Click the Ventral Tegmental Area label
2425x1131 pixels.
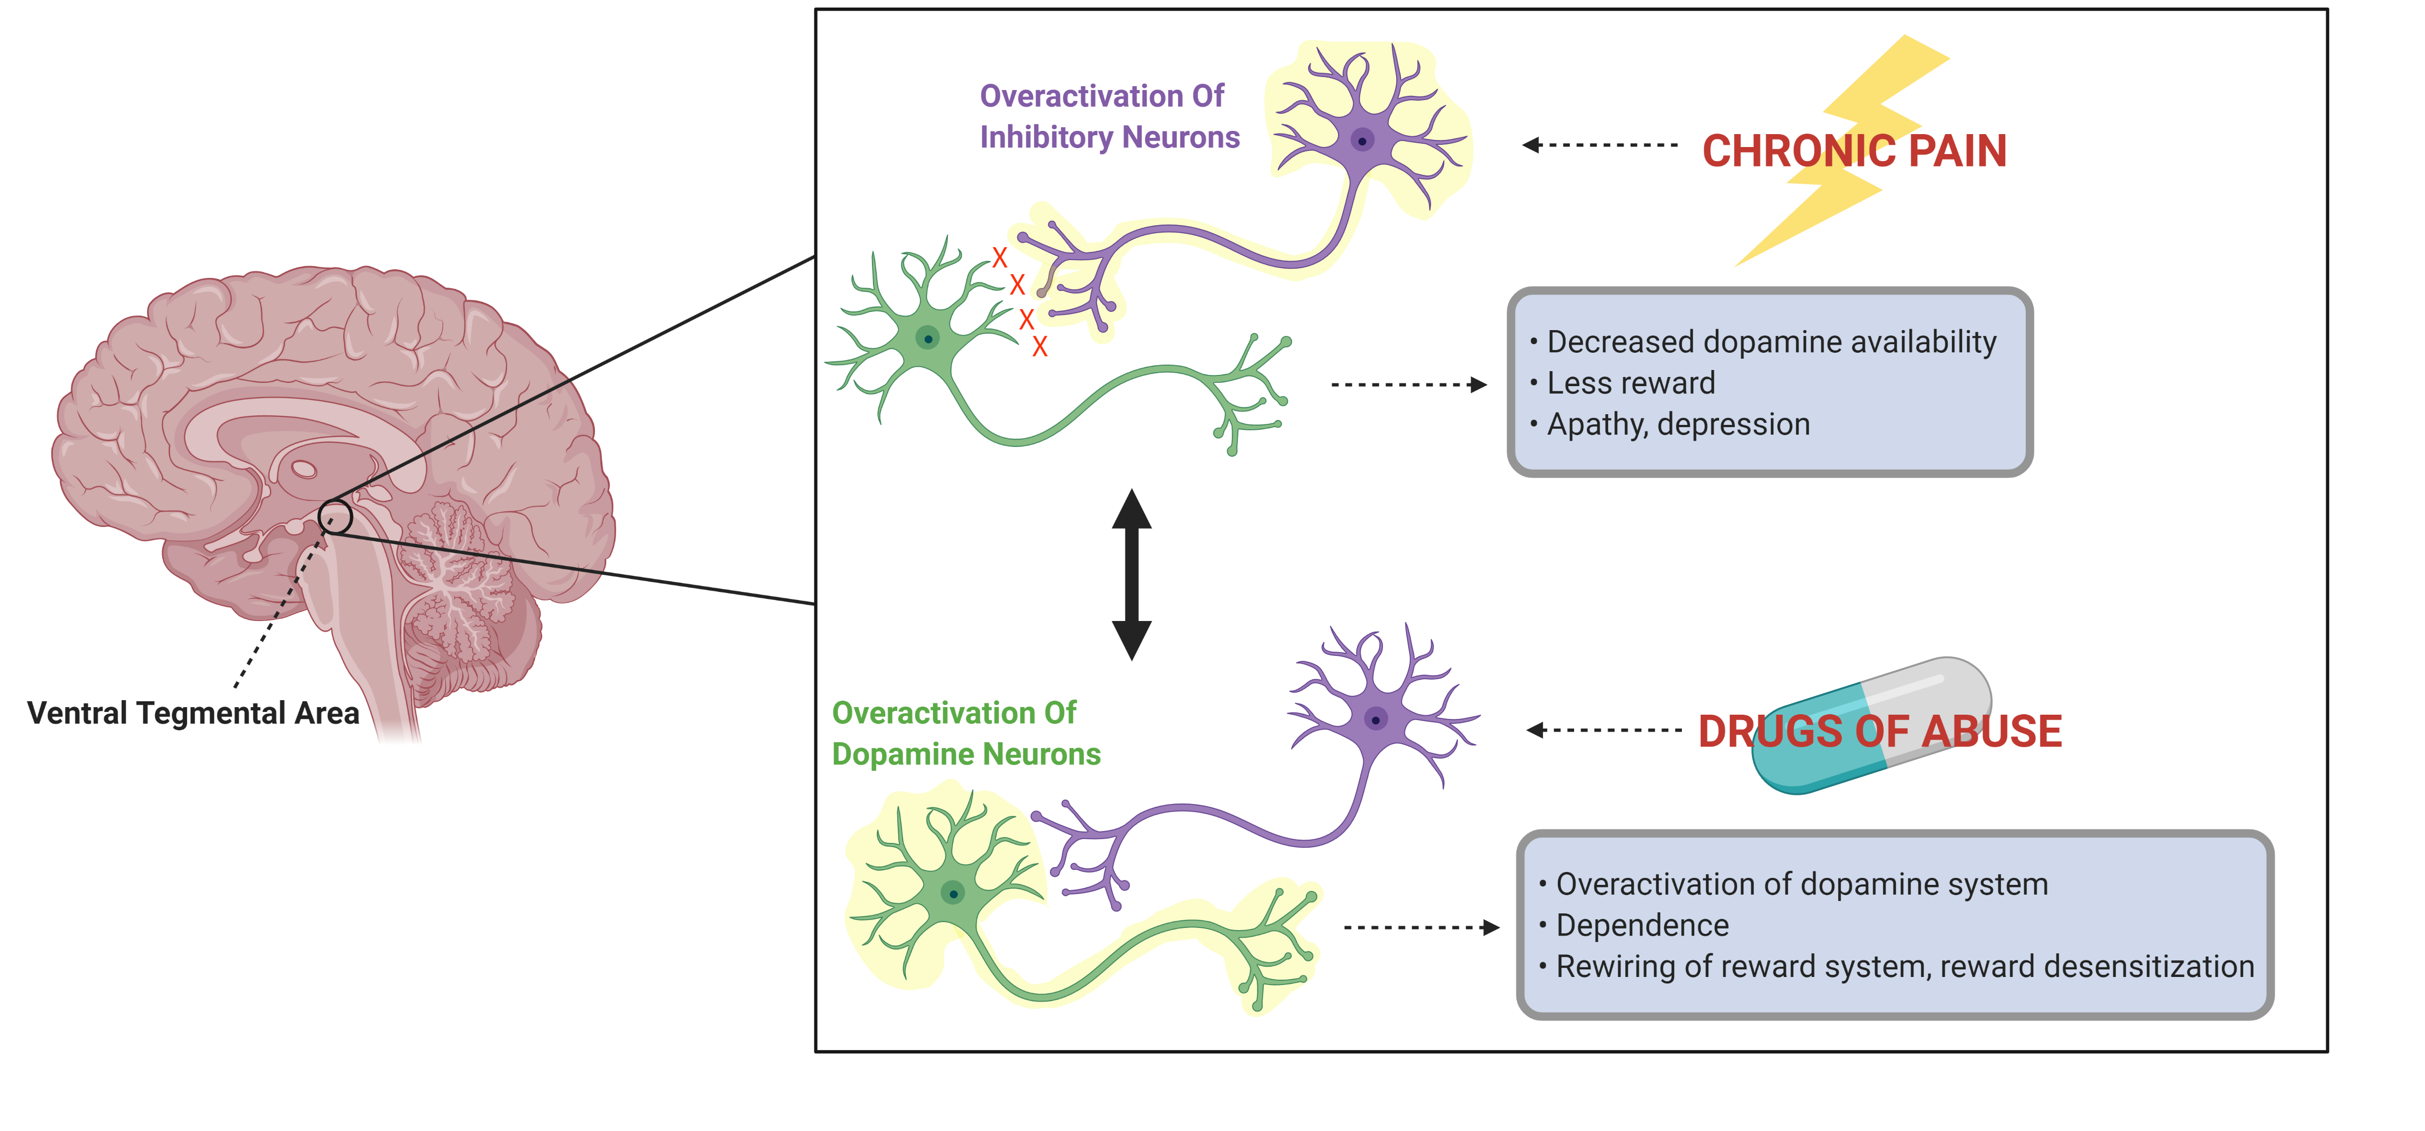click(193, 713)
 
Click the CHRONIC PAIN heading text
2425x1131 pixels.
click(1854, 151)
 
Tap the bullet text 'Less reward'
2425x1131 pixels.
click(1631, 383)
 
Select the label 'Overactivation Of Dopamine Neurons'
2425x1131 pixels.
click(965, 734)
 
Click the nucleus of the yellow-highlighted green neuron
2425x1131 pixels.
click(953, 893)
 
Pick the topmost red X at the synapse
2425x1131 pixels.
click(1000, 256)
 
